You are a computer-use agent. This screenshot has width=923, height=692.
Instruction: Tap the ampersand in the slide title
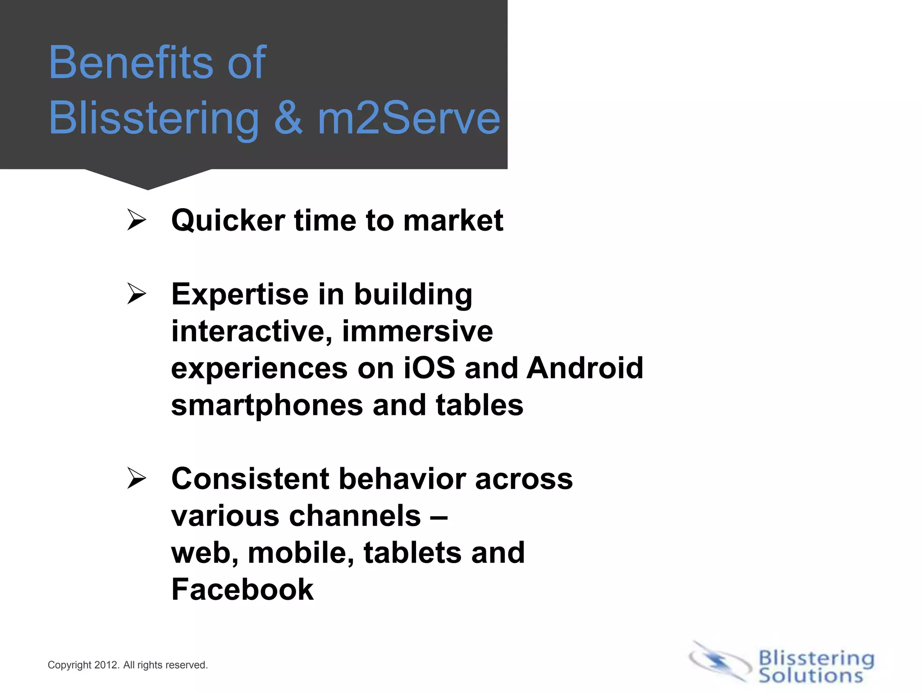coord(288,118)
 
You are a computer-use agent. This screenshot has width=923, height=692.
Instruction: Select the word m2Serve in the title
coord(409,118)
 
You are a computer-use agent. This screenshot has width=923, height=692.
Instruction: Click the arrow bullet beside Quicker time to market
coord(137,220)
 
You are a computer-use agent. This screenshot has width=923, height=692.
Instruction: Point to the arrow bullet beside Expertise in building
coord(137,294)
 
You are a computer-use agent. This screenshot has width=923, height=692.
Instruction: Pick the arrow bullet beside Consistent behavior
coord(137,478)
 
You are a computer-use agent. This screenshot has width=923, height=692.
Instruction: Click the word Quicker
coord(228,221)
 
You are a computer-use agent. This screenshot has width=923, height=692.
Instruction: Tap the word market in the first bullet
coord(453,221)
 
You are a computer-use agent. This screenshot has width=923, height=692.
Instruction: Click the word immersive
coord(417,331)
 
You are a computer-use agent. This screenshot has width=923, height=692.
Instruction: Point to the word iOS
coord(429,368)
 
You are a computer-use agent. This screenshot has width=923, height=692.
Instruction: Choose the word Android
coord(585,368)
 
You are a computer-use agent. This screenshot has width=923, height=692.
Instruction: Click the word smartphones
coord(267,405)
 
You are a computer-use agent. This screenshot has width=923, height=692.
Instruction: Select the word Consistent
coord(250,478)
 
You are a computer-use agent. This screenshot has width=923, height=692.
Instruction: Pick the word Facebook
coord(242,589)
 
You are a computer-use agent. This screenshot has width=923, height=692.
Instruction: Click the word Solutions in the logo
coord(810,675)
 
